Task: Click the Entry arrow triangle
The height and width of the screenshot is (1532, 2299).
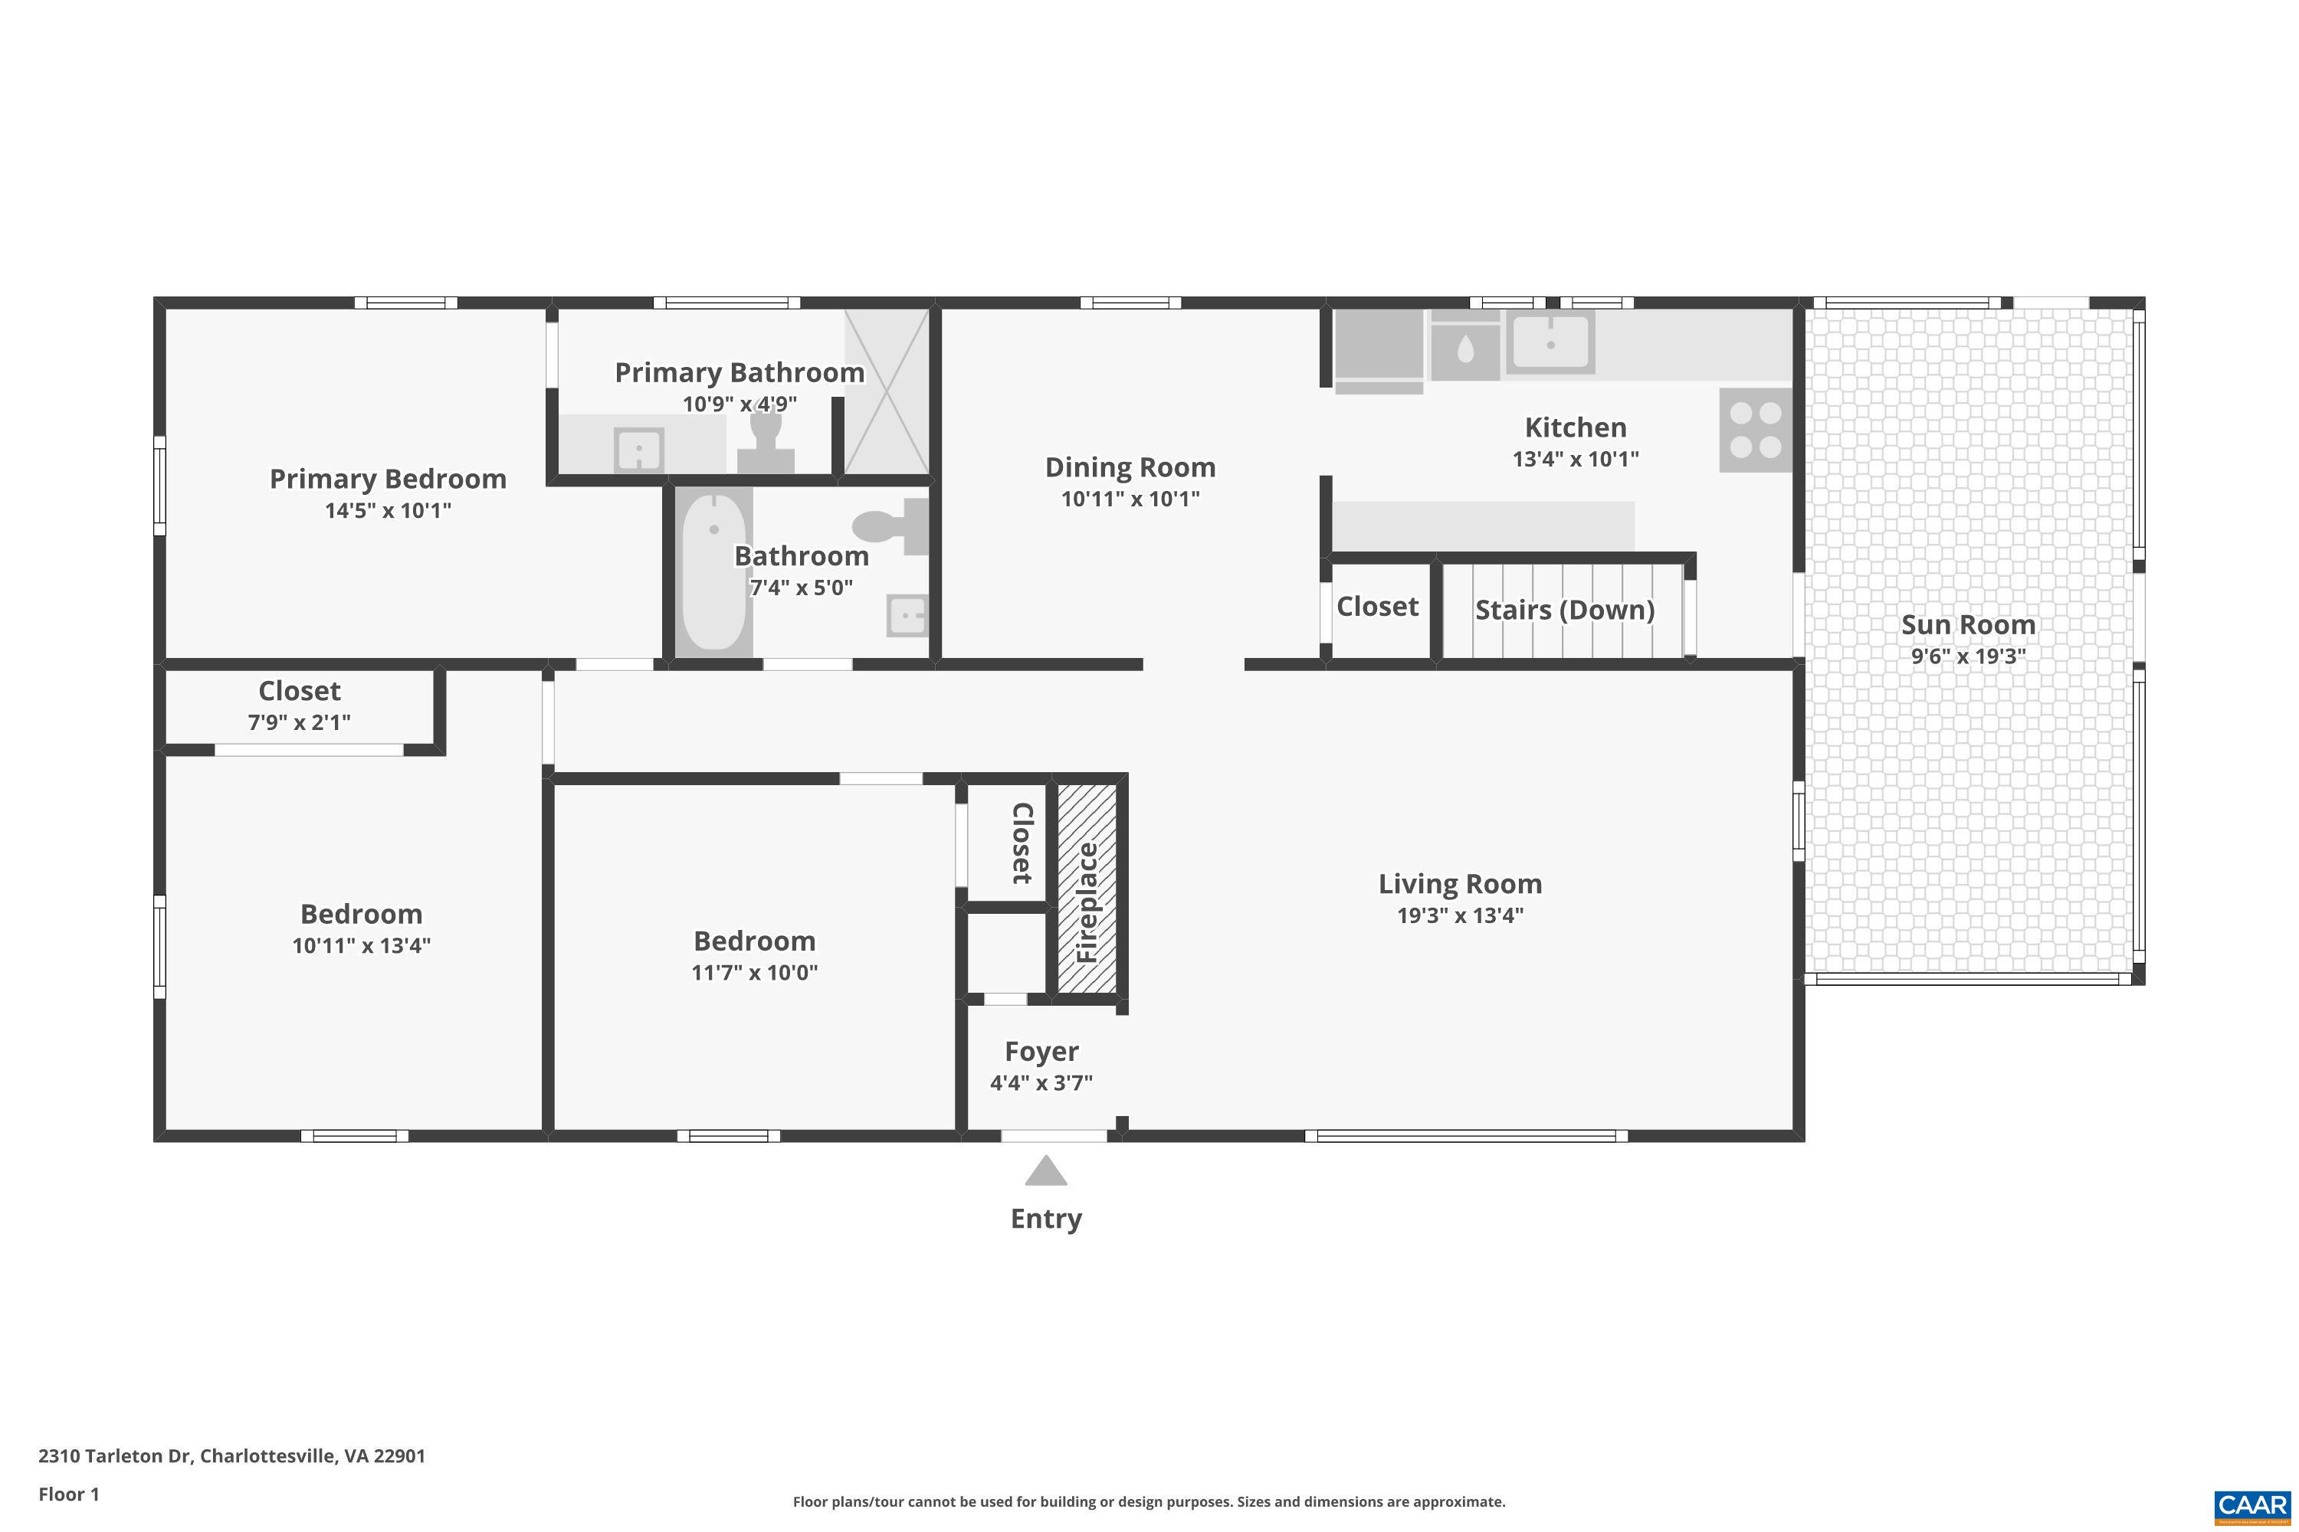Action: point(1045,1170)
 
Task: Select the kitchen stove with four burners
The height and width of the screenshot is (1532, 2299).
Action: point(1755,430)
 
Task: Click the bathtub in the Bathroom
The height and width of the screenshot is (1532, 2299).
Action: point(713,572)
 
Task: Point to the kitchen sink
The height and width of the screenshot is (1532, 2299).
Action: point(1550,342)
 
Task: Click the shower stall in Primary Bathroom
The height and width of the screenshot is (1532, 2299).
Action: point(886,391)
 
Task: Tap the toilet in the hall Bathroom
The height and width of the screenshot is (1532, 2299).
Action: point(890,525)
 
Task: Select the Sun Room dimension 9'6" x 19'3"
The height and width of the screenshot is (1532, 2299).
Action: point(1968,656)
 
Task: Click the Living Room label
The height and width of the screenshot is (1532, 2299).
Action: point(1459,883)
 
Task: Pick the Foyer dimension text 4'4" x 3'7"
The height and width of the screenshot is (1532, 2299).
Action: point(1041,1082)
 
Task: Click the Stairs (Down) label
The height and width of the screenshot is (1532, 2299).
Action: point(1564,610)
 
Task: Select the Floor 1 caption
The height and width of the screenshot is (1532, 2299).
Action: point(68,1494)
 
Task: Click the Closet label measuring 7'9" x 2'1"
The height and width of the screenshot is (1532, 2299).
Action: point(299,691)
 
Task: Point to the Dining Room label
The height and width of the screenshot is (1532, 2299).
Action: point(1130,467)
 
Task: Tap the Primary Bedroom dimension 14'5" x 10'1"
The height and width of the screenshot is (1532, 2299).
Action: point(388,510)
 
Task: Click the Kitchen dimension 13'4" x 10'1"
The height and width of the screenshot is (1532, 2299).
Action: point(1575,458)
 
